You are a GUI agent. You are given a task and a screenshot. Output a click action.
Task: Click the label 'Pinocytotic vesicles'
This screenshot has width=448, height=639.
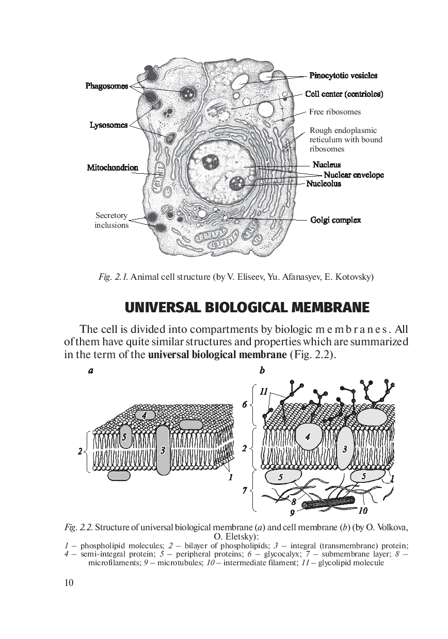click(343, 76)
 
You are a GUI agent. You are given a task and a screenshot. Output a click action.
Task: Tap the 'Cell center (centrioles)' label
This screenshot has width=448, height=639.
click(344, 94)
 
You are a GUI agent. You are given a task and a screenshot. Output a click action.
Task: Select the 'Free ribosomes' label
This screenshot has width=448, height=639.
click(335, 112)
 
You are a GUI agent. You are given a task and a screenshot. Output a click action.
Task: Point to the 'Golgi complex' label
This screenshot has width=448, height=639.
click(335, 220)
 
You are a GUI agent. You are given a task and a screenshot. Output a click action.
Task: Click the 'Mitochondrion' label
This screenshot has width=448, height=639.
click(113, 167)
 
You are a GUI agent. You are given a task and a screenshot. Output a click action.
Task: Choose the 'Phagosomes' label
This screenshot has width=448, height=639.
click(106, 86)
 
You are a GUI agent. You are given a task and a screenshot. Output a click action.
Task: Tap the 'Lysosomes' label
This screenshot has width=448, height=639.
click(108, 125)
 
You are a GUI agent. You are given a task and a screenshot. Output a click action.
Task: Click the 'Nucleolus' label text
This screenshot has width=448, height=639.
click(324, 183)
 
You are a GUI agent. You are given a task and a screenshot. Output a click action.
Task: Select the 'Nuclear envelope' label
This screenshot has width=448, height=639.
click(354, 175)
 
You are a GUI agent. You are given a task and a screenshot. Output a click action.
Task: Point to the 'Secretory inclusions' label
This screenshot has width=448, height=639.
click(111, 221)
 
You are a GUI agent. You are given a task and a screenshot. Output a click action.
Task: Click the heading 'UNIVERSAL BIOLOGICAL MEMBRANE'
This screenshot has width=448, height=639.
click(247, 308)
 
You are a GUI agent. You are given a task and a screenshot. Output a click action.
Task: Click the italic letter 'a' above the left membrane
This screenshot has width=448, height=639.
click(91, 371)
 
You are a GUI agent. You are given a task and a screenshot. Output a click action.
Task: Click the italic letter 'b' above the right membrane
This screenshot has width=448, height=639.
click(262, 371)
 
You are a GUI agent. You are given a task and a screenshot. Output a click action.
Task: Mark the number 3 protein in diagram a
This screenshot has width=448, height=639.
click(163, 450)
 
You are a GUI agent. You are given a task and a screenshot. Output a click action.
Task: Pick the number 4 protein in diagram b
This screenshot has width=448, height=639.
click(308, 436)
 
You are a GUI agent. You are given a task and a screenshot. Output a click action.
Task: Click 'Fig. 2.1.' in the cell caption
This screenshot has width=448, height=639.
click(113, 277)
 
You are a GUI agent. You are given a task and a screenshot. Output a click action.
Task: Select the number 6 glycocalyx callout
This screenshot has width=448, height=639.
click(245, 405)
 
